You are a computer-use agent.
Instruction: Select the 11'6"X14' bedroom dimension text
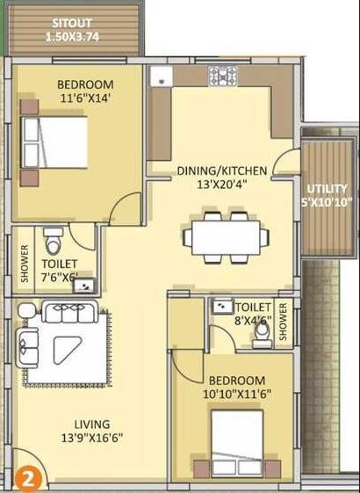pyautogui.click(x=85, y=99)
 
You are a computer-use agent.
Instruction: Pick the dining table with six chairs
pyautogui.click(x=226, y=236)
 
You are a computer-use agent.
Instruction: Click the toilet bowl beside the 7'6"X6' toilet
pyautogui.click(x=54, y=240)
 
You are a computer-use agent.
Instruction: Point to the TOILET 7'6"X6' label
pyautogui.click(x=59, y=270)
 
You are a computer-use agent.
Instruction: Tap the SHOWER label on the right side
pyautogui.click(x=282, y=323)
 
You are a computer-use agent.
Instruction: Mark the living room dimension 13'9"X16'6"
pyautogui.click(x=91, y=437)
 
